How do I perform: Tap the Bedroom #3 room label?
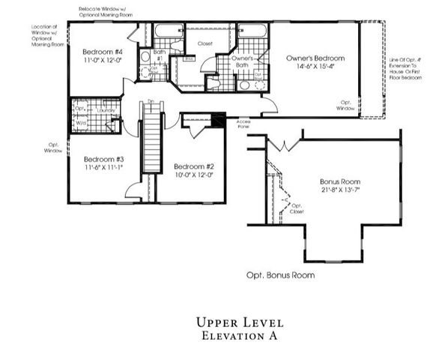point(104,159)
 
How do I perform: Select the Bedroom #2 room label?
point(194,166)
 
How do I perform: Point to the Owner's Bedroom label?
point(315,58)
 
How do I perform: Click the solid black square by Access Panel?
point(219,118)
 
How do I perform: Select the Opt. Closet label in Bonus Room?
point(297,209)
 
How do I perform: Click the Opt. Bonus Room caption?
point(280,275)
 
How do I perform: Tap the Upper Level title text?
point(240,322)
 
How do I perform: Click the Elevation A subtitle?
point(240,337)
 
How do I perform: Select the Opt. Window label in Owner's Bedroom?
point(347,106)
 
